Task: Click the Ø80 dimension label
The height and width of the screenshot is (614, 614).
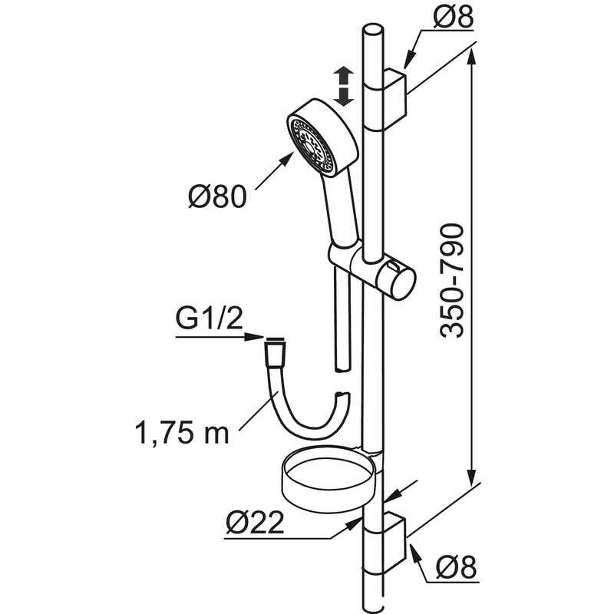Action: (x=218, y=196)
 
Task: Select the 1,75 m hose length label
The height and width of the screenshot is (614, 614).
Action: (x=182, y=433)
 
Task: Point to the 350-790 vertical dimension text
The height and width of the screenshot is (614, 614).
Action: (x=451, y=280)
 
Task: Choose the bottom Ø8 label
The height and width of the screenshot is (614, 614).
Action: (x=457, y=566)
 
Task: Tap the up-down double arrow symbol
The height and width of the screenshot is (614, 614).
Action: (x=343, y=86)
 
